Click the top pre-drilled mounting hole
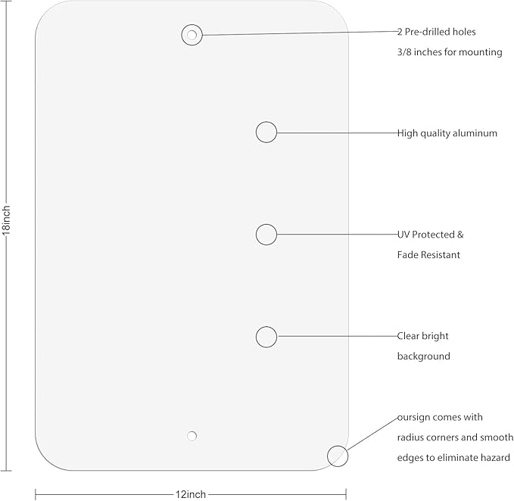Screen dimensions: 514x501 [192, 35]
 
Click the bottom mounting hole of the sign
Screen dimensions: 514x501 [192, 436]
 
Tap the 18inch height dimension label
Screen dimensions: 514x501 [6, 220]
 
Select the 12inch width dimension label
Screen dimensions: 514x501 [191, 494]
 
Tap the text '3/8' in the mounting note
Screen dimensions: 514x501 [404, 52]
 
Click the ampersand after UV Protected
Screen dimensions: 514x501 [460, 235]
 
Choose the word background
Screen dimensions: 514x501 [423, 356]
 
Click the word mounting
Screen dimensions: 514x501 [480, 52]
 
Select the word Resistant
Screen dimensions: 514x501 [441, 254]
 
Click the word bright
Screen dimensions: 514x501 [435, 336]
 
